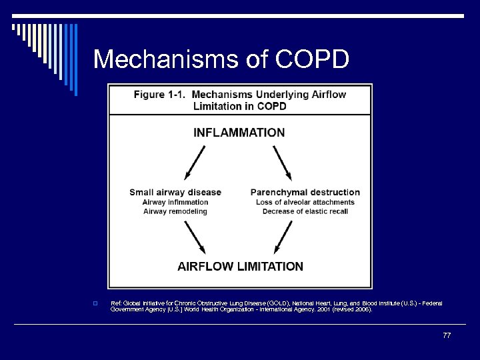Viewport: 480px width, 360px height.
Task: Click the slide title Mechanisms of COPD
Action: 221,59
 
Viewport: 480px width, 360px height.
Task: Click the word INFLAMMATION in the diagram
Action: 239,132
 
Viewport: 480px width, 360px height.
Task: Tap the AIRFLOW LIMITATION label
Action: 240,266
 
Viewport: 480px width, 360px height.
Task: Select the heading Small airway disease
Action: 175,192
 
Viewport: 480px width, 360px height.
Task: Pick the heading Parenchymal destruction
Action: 305,192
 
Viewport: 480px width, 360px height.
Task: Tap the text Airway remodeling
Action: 175,211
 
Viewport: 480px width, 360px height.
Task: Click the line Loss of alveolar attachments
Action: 305,202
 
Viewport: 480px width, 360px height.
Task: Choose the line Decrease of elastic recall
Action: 305,211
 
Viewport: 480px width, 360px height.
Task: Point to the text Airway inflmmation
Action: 175,202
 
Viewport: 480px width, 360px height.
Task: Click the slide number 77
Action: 447,335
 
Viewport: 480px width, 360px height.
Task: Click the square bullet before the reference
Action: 97,304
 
